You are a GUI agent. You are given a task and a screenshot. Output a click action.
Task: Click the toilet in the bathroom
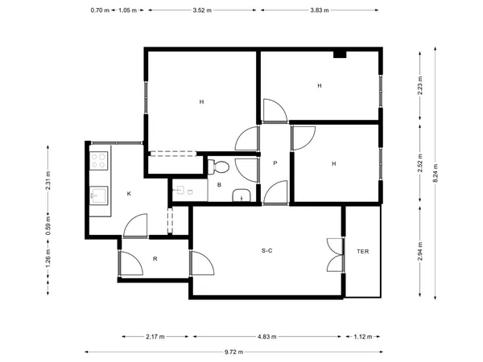point(219,167)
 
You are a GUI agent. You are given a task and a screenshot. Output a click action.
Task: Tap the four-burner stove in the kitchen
point(98,161)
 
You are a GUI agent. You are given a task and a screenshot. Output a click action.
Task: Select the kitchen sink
point(98,195)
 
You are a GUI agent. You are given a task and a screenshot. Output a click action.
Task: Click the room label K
point(129,194)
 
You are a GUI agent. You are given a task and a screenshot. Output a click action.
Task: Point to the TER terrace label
point(363,252)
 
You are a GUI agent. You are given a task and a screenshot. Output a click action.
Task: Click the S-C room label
point(267,250)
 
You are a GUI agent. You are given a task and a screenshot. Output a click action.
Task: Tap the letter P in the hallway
point(275,162)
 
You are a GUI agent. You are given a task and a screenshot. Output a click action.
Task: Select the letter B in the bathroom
point(219,185)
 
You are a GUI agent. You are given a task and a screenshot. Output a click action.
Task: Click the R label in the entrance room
point(155,259)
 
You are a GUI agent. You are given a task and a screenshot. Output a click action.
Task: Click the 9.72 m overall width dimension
point(233,352)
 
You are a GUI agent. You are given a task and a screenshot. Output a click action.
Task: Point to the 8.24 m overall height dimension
point(436,173)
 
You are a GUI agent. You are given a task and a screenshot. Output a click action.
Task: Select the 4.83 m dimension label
point(267,336)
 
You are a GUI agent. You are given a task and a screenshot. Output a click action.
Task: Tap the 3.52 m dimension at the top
point(202,10)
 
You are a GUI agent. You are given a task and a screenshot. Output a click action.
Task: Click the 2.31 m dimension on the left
point(47,180)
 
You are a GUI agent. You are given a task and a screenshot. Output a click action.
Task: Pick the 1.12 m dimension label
point(363,336)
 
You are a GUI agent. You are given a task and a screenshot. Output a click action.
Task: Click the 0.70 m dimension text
point(100,10)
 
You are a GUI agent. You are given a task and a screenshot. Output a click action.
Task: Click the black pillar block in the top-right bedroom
point(340,55)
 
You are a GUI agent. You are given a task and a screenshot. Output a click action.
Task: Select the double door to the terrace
point(336,255)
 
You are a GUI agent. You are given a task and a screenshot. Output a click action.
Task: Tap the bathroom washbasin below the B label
point(242,195)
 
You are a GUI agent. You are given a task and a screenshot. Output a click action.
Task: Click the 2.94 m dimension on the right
point(420,251)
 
